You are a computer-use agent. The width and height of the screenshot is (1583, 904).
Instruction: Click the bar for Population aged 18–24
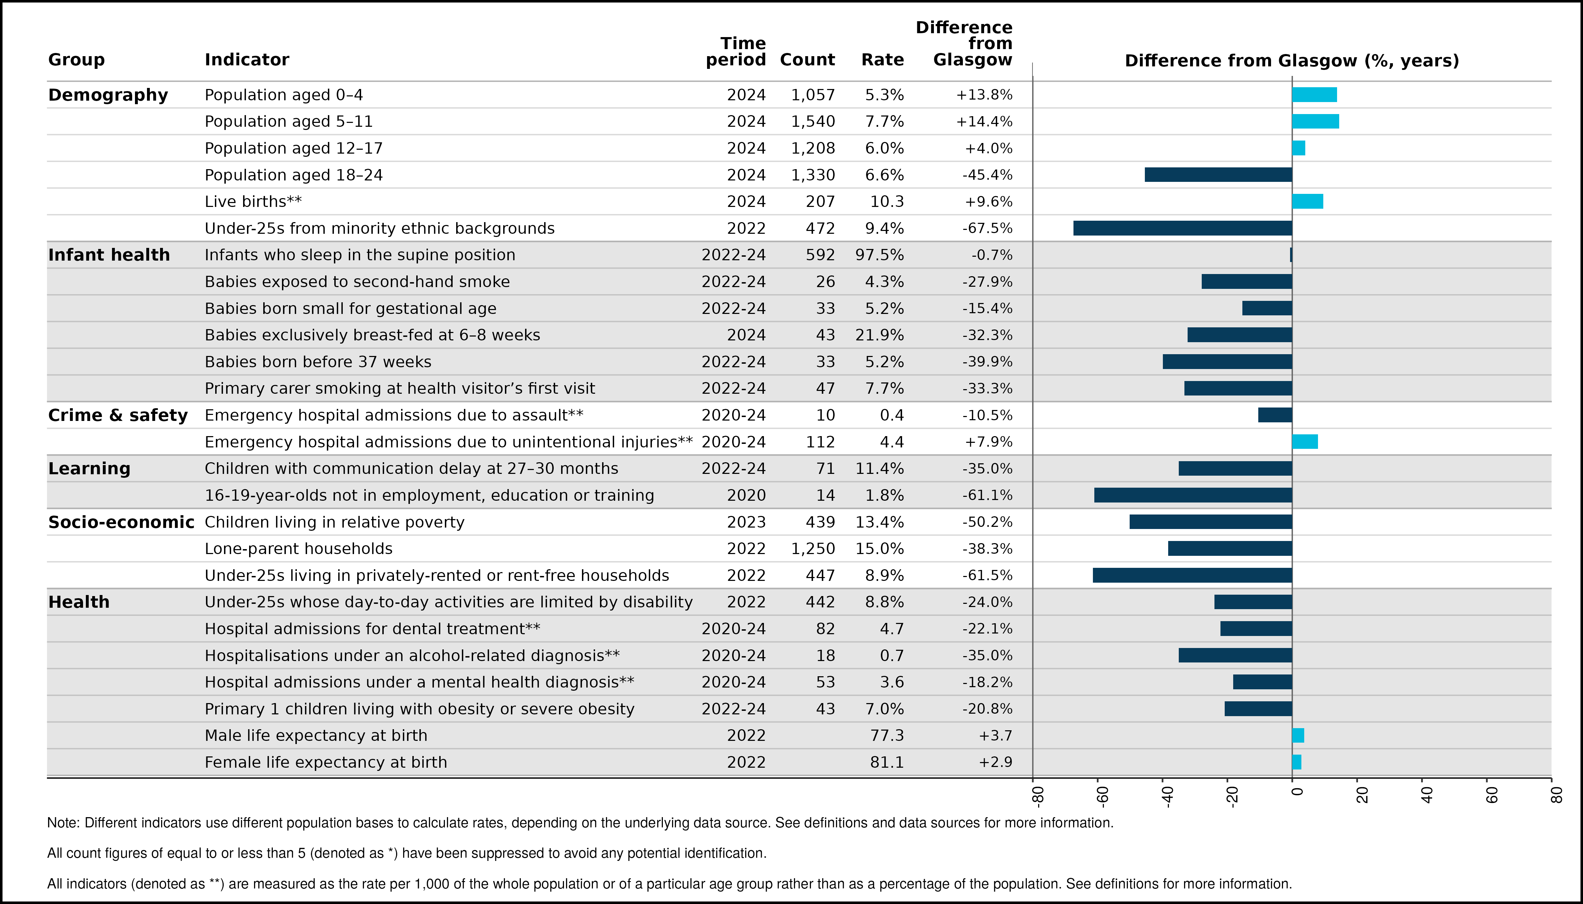(1218, 174)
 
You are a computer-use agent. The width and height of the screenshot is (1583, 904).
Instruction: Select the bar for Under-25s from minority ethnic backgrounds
(1183, 228)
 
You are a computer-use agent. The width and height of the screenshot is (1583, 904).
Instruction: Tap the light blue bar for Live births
(1308, 201)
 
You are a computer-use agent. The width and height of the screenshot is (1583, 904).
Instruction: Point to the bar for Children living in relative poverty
(1211, 522)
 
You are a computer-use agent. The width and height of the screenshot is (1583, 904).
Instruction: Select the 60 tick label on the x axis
(1492, 795)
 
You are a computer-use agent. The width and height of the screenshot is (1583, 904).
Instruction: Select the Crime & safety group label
(118, 415)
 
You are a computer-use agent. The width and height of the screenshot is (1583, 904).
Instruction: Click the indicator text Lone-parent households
(299, 549)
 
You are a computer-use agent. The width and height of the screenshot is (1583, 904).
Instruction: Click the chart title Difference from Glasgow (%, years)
(1292, 61)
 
